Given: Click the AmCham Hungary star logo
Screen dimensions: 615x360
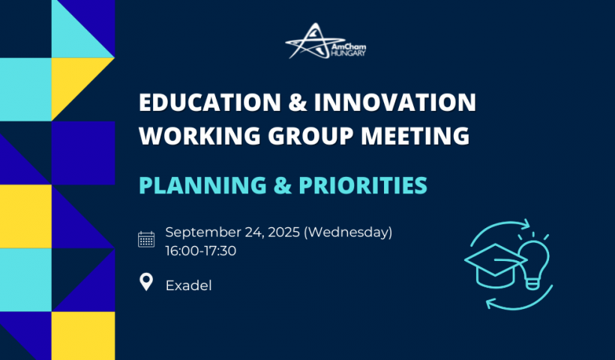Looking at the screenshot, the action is pos(325,40).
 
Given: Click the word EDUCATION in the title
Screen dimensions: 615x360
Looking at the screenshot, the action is pos(210,102).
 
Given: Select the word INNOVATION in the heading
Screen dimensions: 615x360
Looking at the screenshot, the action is pos(395,102).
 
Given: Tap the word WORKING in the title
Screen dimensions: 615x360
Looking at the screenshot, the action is pos(199,136).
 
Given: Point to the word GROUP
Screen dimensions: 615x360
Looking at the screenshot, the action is pos(310,136).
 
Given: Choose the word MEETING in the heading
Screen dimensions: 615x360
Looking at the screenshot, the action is pos(415,136).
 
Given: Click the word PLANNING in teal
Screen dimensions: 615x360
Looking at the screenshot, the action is pos(202,185).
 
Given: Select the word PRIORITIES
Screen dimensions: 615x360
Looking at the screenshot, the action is pos(363,185).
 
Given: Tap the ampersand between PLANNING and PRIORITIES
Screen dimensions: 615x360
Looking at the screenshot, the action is pos(283,185).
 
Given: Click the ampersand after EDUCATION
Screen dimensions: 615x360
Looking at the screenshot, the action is pos(297,102).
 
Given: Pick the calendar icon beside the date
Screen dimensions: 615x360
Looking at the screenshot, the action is pos(146,239).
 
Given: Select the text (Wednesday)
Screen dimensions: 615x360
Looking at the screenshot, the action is pos(348,232).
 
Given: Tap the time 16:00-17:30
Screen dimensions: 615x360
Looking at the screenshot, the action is pos(201,250).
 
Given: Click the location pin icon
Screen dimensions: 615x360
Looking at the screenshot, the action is pos(146,282).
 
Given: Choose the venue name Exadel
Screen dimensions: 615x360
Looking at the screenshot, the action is pos(189,286).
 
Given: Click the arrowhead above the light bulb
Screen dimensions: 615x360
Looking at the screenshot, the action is pos(524,225).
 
